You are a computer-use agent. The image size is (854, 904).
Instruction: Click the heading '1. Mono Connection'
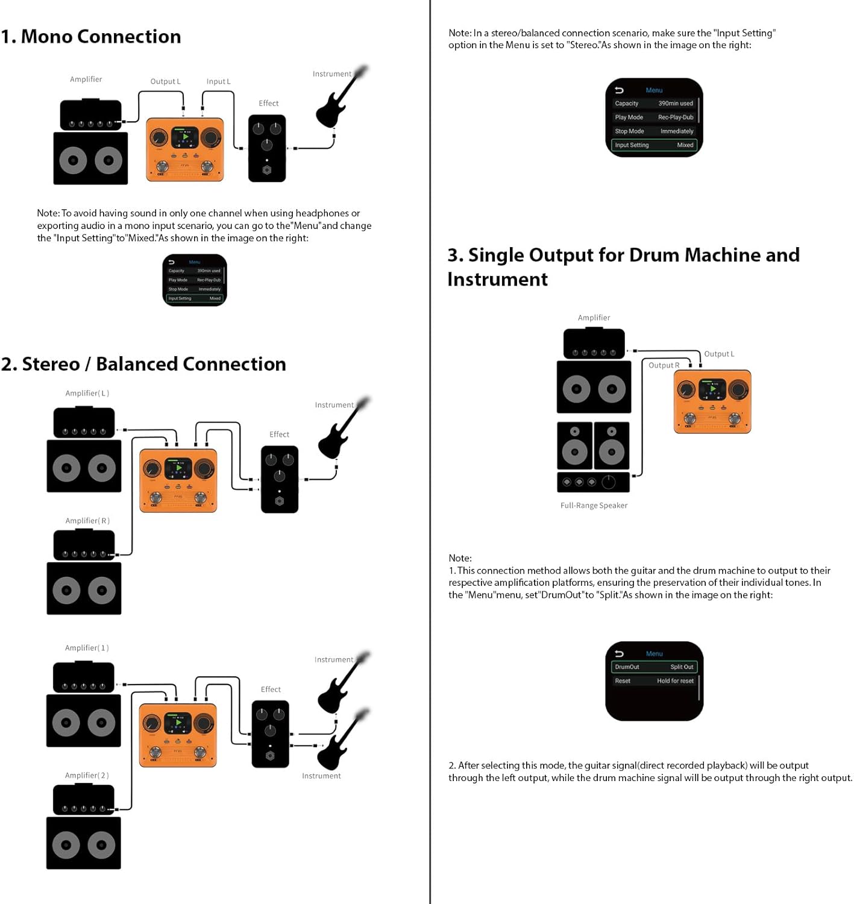pos(91,37)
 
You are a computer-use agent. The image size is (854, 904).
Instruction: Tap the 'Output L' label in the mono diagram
pos(165,81)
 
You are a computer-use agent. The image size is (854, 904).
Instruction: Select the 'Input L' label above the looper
pos(218,81)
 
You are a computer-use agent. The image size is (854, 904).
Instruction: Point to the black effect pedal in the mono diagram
pos(267,148)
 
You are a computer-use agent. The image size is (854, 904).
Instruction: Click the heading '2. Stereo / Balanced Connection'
pos(143,364)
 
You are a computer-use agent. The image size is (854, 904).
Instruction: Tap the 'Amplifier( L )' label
pos(87,393)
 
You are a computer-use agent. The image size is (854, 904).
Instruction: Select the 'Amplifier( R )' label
pos(87,521)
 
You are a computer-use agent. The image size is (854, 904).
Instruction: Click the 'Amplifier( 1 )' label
pos(87,648)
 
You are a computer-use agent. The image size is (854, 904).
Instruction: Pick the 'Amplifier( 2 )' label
pos(87,776)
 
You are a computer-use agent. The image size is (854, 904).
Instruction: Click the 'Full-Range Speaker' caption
pos(594,506)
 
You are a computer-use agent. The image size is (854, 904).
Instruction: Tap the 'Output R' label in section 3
pos(664,365)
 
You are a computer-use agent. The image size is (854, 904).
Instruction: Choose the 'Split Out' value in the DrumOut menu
pos(682,667)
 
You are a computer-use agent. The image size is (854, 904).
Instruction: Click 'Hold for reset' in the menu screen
pos(675,681)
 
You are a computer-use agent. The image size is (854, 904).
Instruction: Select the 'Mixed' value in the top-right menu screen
pos(685,145)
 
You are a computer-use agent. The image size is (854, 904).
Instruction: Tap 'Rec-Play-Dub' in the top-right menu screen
pos(676,118)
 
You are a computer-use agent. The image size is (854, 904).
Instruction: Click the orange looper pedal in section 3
pos(712,401)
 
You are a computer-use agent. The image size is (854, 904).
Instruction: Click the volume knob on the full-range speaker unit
pos(609,482)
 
